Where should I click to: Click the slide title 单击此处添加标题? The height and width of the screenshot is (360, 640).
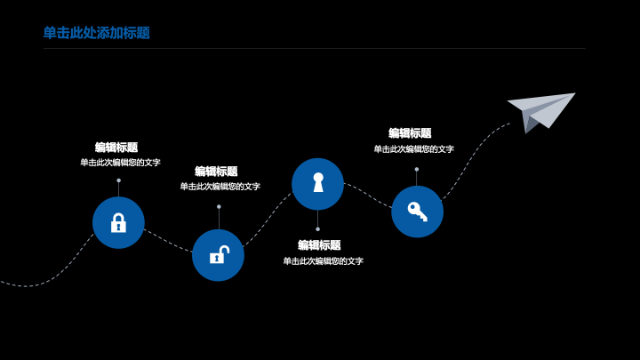pyautogui.click(x=97, y=33)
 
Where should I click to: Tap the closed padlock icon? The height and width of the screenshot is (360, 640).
pyautogui.click(x=118, y=223)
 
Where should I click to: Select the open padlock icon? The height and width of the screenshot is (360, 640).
pyautogui.click(x=220, y=255)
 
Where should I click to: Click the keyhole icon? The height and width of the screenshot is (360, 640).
pyautogui.click(x=318, y=182)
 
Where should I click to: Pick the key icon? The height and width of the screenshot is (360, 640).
pyautogui.click(x=417, y=212)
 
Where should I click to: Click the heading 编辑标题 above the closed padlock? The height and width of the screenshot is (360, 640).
pyautogui.click(x=116, y=148)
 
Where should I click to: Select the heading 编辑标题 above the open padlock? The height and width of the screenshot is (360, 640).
pyautogui.click(x=216, y=171)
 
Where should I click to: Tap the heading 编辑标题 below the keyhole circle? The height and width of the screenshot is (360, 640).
pyautogui.click(x=319, y=245)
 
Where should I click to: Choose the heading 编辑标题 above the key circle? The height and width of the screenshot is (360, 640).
pyautogui.click(x=410, y=133)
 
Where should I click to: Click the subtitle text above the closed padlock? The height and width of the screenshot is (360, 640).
pyautogui.click(x=120, y=163)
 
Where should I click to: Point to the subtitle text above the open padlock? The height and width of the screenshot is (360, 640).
pyautogui.click(x=220, y=187)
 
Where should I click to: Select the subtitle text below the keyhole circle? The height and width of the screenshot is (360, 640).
pyautogui.click(x=324, y=260)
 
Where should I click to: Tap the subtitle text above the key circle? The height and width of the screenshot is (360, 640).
pyautogui.click(x=414, y=149)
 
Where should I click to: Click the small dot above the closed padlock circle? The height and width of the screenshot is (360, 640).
pyautogui.click(x=119, y=180)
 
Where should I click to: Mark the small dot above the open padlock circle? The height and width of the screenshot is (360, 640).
pyautogui.click(x=219, y=206)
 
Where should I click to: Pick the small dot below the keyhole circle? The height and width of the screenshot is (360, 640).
pyautogui.click(x=318, y=229)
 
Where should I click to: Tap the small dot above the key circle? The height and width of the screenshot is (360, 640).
pyautogui.click(x=417, y=169)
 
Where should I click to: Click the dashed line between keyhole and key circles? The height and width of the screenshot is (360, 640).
pyautogui.click(x=368, y=195)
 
